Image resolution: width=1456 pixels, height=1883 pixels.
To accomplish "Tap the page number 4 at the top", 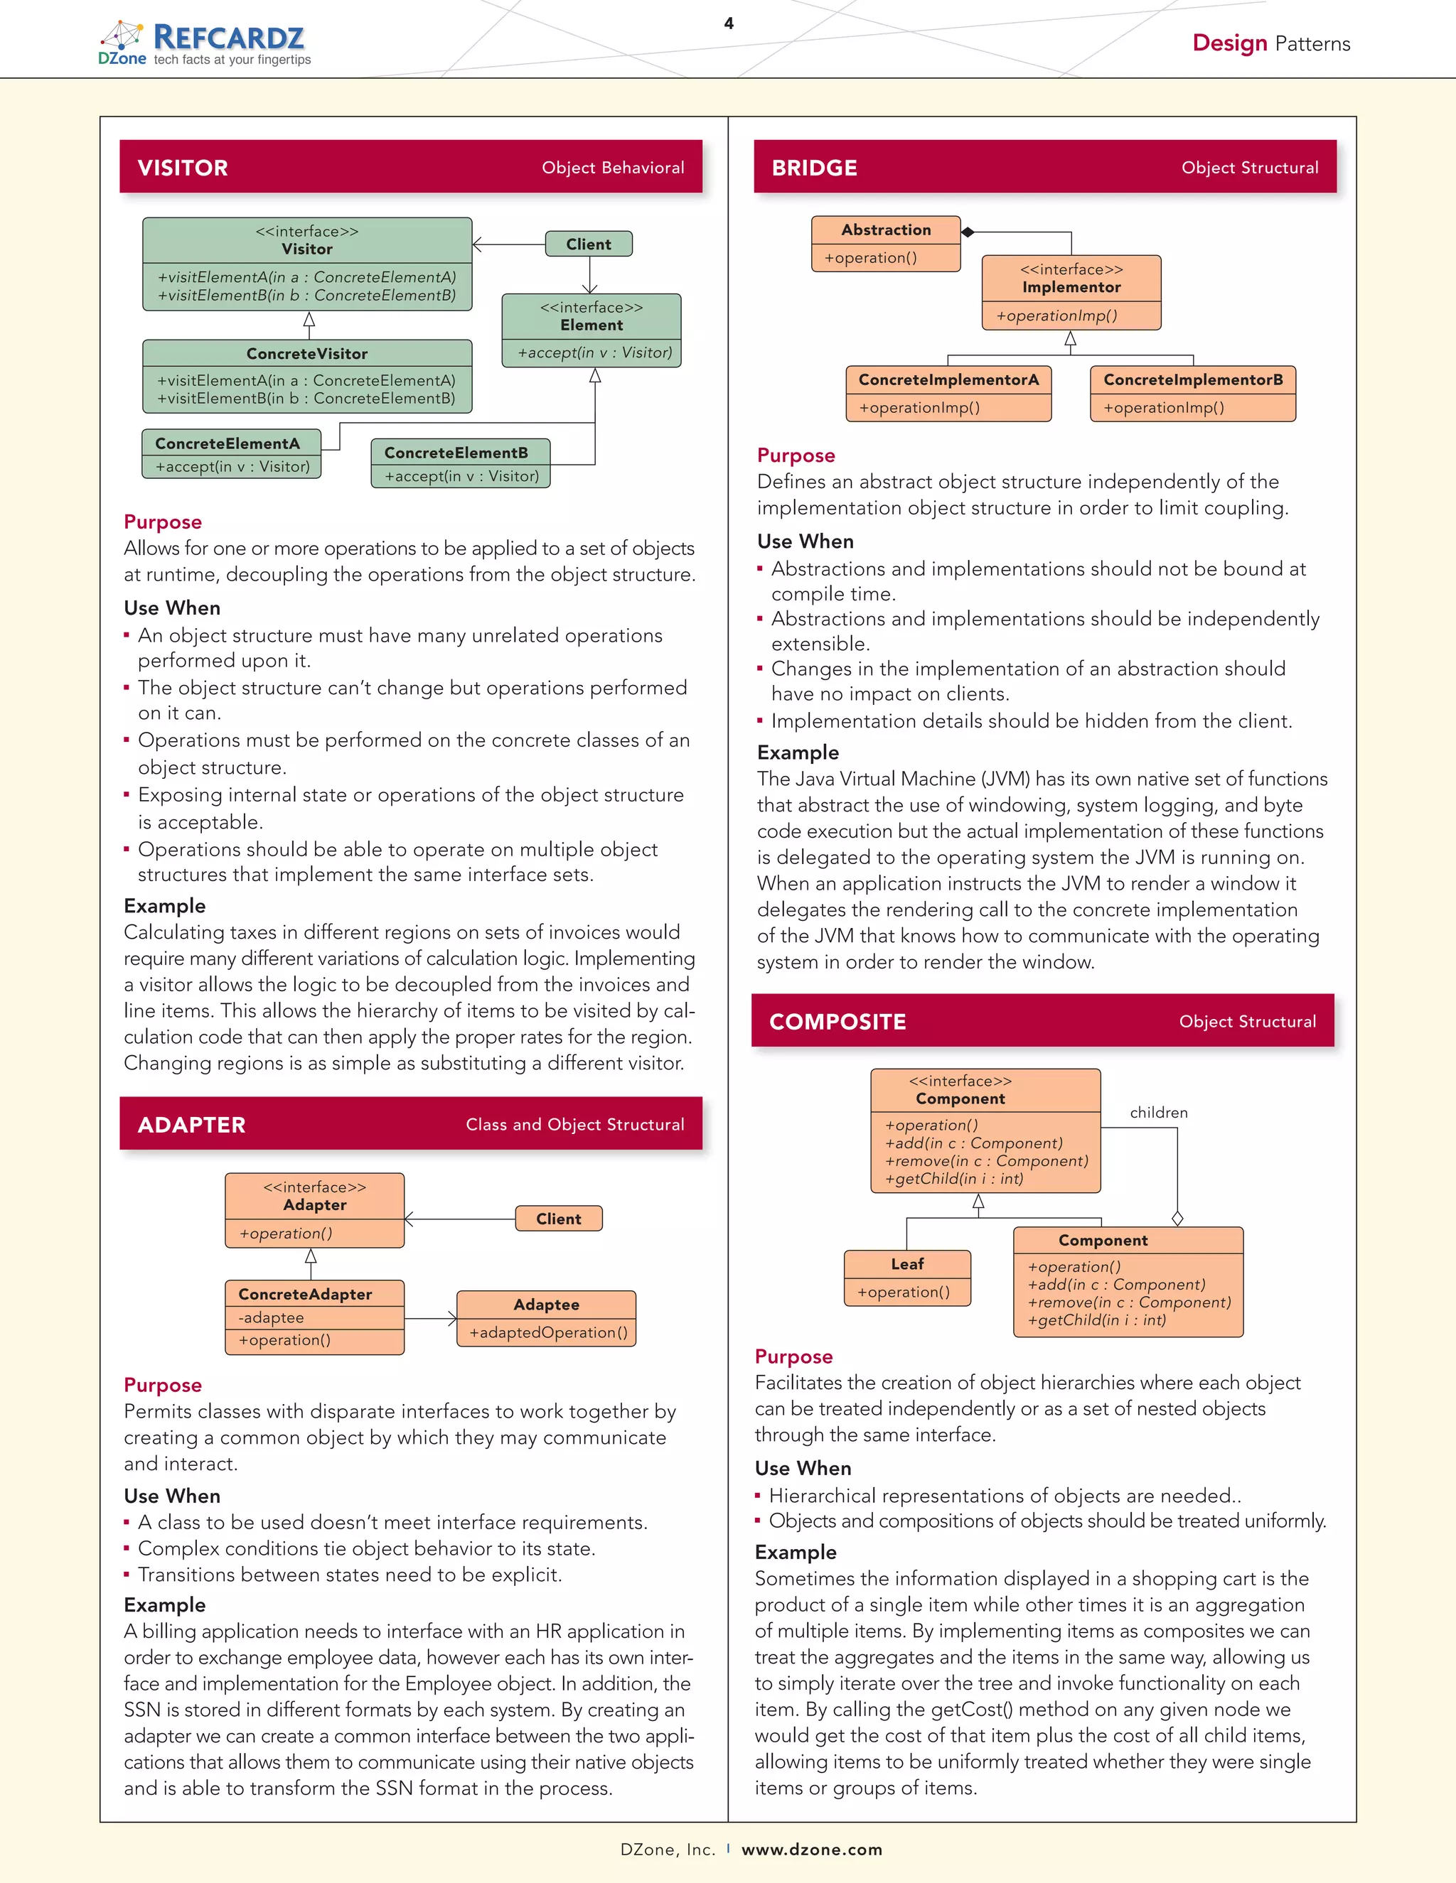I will click(729, 23).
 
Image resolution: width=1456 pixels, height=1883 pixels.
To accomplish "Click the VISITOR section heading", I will click(183, 168).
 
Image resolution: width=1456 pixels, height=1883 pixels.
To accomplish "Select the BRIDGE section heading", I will click(814, 168).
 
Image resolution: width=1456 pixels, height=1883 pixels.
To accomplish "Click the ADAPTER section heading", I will click(191, 1125).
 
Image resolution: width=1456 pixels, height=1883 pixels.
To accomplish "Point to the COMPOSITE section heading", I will click(837, 1022).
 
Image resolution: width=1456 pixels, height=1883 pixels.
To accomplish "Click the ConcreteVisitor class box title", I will click(307, 353).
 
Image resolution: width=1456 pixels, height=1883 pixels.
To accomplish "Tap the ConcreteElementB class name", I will click(456, 453).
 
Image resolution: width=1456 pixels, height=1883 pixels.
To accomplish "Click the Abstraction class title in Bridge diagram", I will click(886, 230).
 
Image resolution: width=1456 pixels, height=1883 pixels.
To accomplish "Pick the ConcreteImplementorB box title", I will click(1193, 379).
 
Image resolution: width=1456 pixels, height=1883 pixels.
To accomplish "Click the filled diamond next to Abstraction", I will click(968, 232).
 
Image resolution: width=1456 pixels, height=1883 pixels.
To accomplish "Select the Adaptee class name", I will click(546, 1305).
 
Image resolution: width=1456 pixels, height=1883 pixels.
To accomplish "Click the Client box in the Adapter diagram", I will click(558, 1218).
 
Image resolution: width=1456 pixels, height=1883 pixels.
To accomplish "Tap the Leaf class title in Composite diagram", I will click(907, 1264).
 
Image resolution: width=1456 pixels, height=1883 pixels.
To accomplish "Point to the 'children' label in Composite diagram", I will click(1158, 1113).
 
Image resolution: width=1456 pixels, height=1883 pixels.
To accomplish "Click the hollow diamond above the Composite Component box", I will click(1177, 1218).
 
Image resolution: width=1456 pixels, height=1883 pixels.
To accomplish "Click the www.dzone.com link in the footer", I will click(812, 1850).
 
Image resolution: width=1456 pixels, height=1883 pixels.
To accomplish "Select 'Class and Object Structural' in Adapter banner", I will click(574, 1124).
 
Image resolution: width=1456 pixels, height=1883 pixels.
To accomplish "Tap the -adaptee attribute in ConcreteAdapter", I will click(271, 1317).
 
